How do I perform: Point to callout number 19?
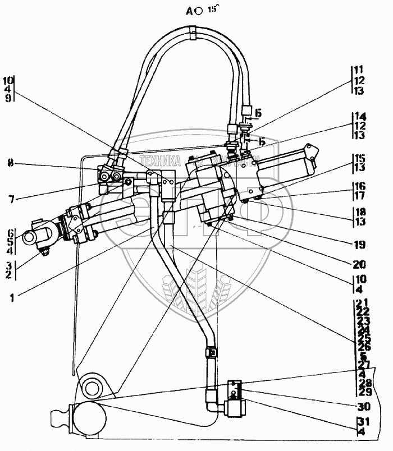[359, 245]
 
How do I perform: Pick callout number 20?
[359, 264]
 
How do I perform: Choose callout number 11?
[359, 71]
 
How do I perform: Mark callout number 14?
[359, 117]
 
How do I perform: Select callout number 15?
[359, 159]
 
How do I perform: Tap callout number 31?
[359, 422]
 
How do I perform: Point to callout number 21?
[358, 303]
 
